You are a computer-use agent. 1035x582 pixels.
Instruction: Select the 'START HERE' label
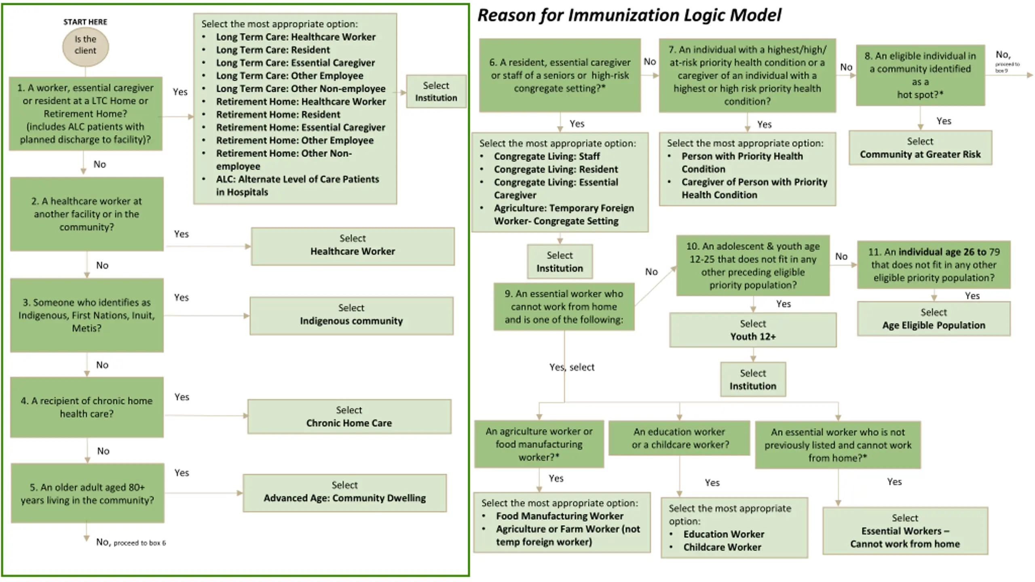[85, 22]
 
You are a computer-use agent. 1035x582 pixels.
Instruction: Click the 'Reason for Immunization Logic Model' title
[629, 16]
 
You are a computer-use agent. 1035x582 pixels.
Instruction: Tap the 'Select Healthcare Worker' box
[353, 246]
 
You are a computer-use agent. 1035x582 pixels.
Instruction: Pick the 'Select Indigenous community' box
[351, 316]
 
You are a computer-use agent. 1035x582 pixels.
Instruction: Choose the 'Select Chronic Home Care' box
[349, 416]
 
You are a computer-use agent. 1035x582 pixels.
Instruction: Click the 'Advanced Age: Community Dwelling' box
[345, 493]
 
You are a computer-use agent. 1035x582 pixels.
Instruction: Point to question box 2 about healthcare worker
[87, 214]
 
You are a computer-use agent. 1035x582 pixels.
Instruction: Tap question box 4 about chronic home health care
[87, 407]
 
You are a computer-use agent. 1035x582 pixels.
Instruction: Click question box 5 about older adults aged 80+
[87, 493]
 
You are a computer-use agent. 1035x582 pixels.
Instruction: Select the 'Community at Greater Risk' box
[920, 148]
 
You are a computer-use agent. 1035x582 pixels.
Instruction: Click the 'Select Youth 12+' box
[753, 330]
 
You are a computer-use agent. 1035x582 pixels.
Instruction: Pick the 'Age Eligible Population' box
[934, 318]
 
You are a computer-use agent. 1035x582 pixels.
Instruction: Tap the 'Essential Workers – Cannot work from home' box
[905, 531]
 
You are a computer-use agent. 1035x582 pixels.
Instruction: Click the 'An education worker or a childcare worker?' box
[679, 438]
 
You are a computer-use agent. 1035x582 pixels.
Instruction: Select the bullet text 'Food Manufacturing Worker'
[560, 516]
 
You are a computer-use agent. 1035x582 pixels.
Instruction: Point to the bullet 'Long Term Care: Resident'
[273, 50]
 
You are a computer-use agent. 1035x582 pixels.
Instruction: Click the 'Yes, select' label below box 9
[572, 367]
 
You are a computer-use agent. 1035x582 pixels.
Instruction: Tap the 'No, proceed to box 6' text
[131, 542]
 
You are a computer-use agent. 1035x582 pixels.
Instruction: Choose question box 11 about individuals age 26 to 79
[934, 265]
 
